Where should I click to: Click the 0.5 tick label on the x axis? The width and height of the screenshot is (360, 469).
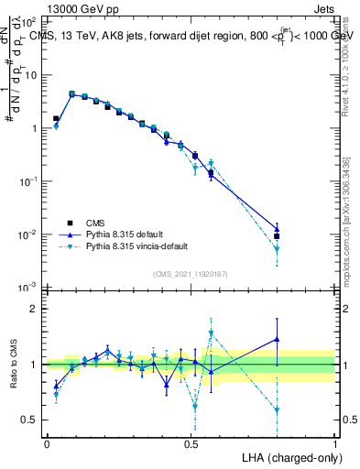tap(190, 442)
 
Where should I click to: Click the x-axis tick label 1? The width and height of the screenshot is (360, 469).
tap(334, 442)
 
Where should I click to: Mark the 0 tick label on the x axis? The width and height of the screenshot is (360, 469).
tap(47, 442)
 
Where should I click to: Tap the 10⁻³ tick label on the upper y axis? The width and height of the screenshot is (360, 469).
tap(29, 288)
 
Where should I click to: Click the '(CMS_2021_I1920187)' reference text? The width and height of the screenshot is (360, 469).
tap(190, 273)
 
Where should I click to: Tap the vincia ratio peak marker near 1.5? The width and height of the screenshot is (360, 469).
tap(211, 334)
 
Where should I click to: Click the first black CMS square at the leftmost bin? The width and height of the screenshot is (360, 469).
tap(56, 118)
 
